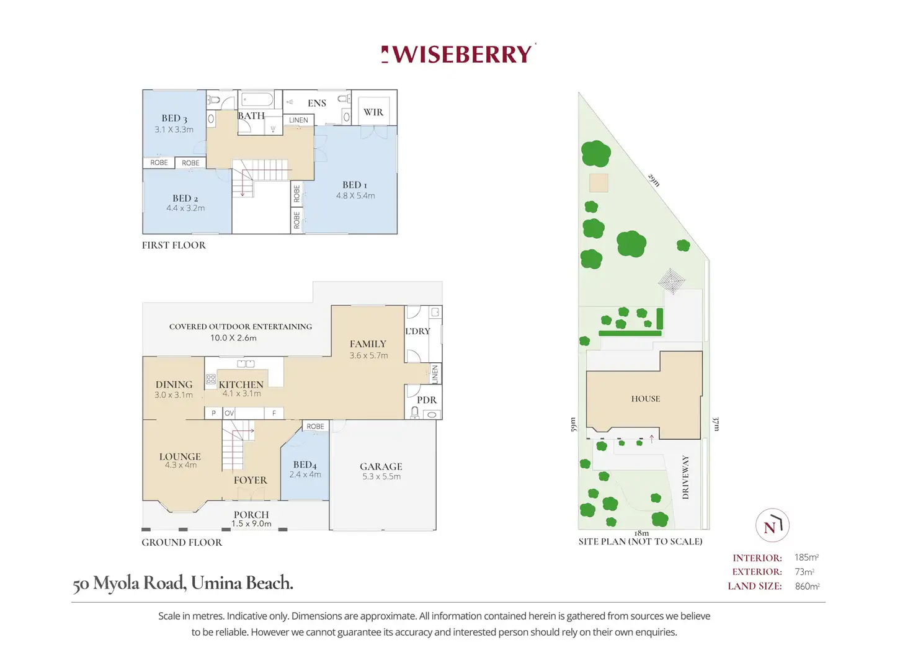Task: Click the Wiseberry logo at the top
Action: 458,54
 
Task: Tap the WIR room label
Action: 373,112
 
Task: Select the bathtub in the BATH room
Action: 257,100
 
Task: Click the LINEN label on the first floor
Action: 298,120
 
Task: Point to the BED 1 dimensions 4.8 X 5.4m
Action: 355,195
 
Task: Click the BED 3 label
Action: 174,118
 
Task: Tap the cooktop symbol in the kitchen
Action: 211,380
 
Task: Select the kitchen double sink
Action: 246,363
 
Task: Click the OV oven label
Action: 229,413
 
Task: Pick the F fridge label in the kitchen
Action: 274,413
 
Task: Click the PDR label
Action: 427,400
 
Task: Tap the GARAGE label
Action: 381,466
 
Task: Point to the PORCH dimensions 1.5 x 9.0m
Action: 251,524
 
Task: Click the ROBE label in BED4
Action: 316,426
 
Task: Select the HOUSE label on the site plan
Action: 646,399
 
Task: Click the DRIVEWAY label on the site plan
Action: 685,477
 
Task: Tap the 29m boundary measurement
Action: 653,180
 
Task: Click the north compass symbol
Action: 772,525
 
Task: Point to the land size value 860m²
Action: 807,586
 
